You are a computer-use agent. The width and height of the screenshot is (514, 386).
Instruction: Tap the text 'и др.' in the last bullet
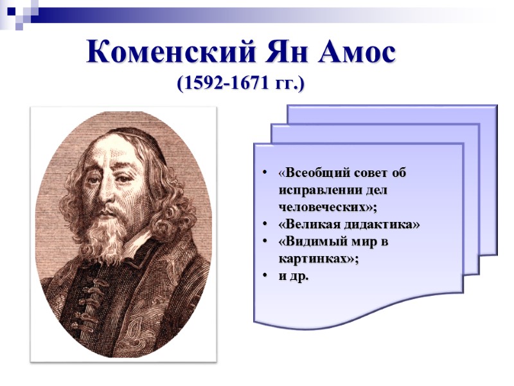tap(293, 276)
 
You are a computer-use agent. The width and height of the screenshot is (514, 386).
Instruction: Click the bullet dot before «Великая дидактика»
tap(266, 225)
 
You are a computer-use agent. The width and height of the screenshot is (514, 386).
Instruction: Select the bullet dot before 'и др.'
tap(266, 276)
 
